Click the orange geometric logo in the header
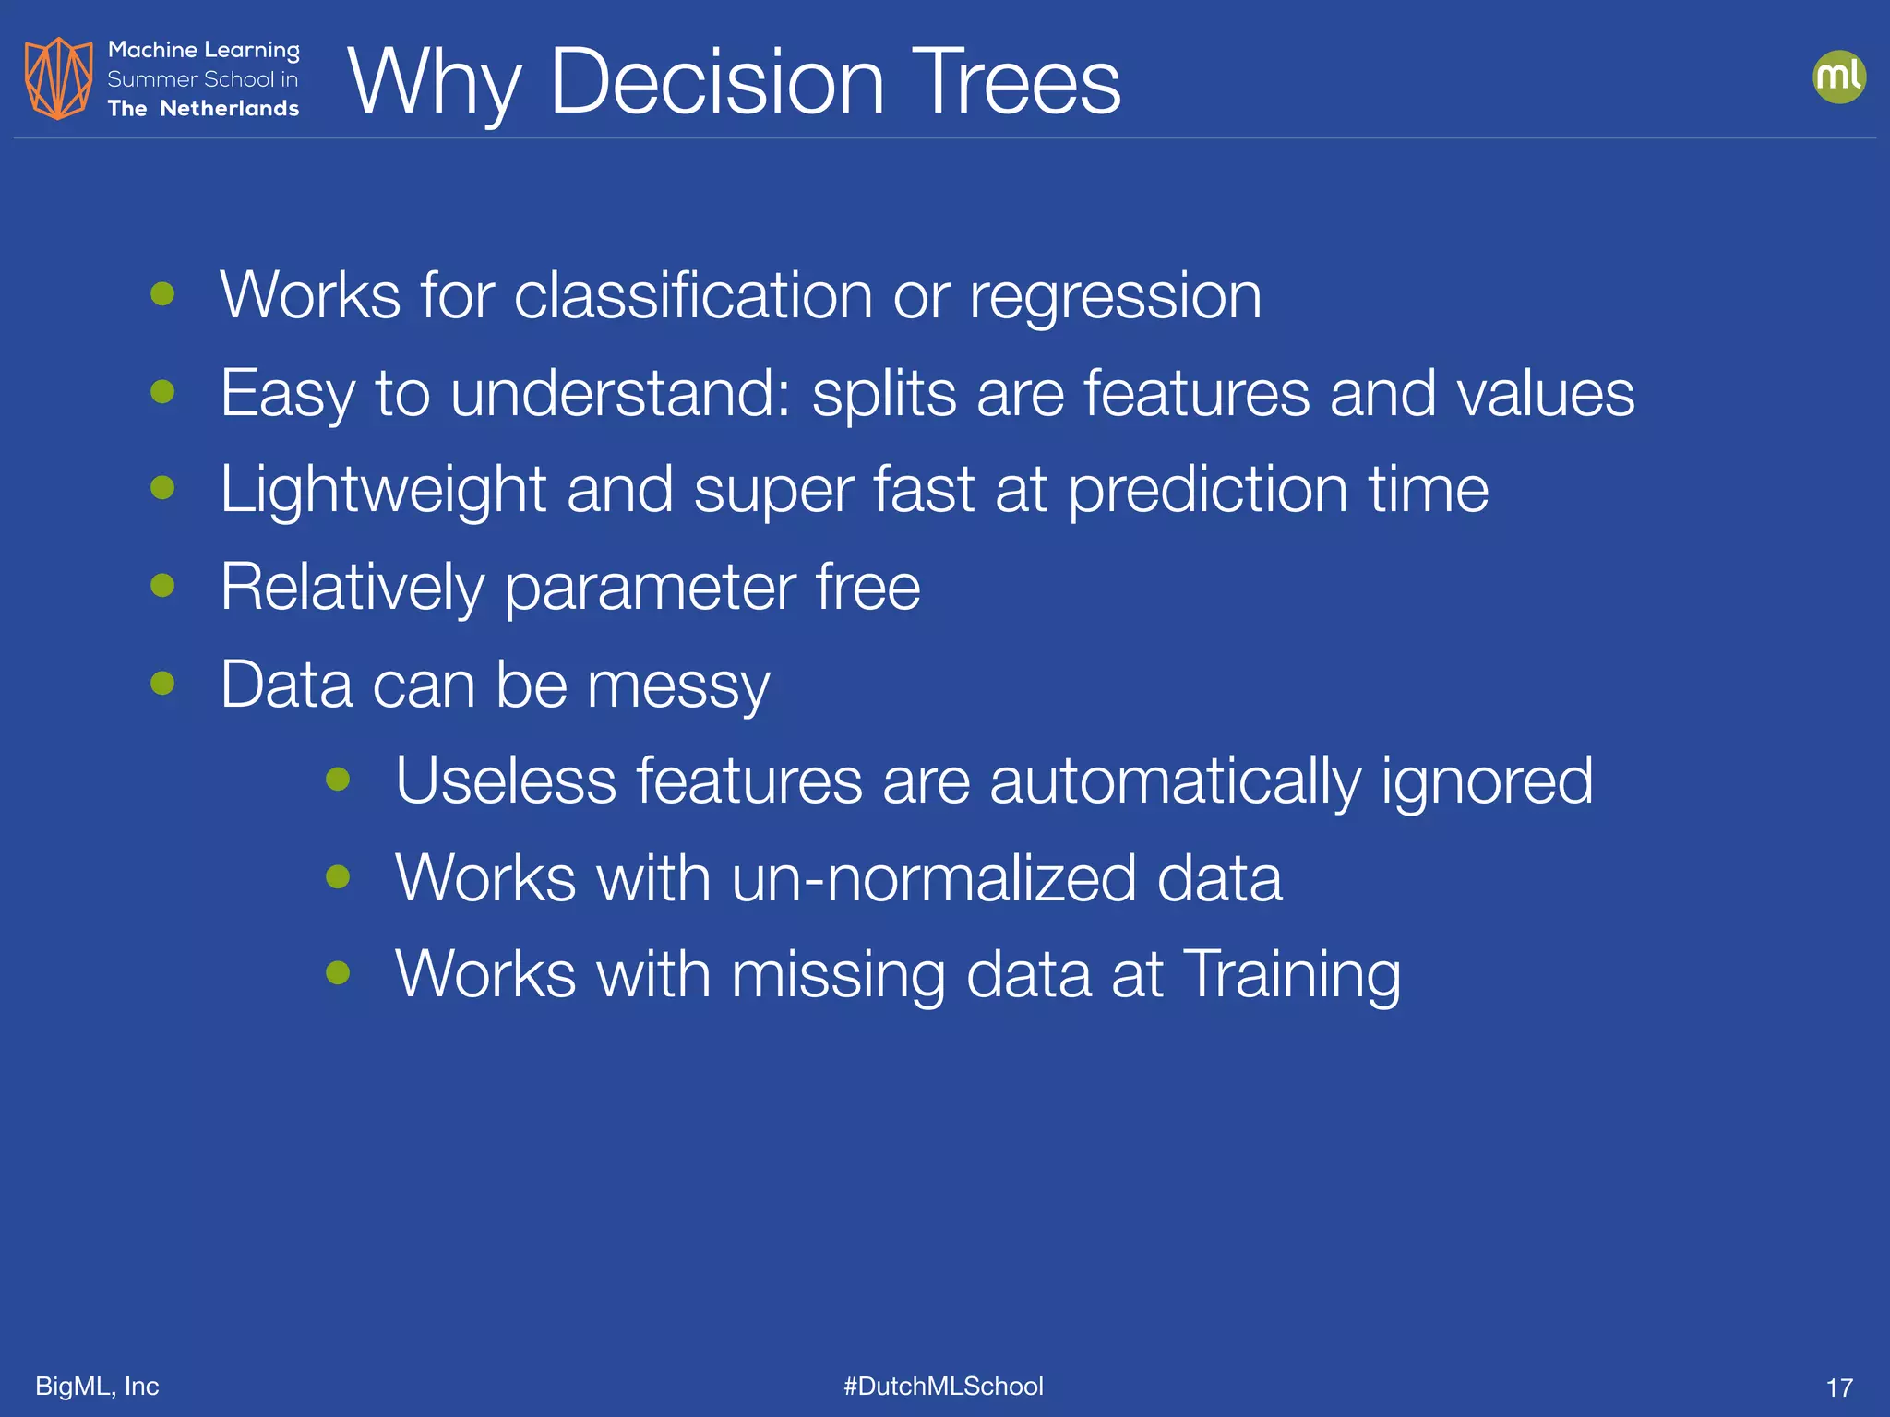(58, 78)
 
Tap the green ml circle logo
(1838, 77)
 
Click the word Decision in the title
(716, 83)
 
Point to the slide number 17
(1838, 1387)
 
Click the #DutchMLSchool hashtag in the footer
(943, 1386)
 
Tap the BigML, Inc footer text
(97, 1386)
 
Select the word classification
(692, 296)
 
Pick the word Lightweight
(383, 491)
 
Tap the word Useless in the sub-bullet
(506, 781)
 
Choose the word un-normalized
(933, 878)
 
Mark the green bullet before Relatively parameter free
(162, 585)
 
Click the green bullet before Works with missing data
(338, 972)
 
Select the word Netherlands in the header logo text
(230, 109)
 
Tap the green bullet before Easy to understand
(162, 391)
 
